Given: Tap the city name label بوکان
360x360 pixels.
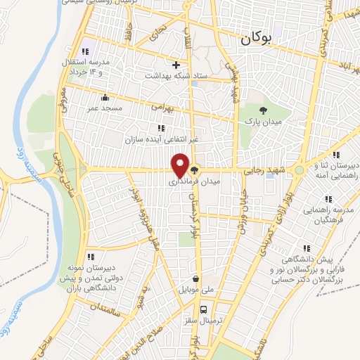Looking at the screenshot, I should coord(254,40).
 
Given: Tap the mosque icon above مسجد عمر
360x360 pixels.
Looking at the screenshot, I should coord(105,98).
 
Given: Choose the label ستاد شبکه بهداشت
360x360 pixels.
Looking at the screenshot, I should coord(176,75).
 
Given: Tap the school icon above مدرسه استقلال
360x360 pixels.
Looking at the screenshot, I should coord(86,51).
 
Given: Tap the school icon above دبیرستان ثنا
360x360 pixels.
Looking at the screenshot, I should coord(336,155).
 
